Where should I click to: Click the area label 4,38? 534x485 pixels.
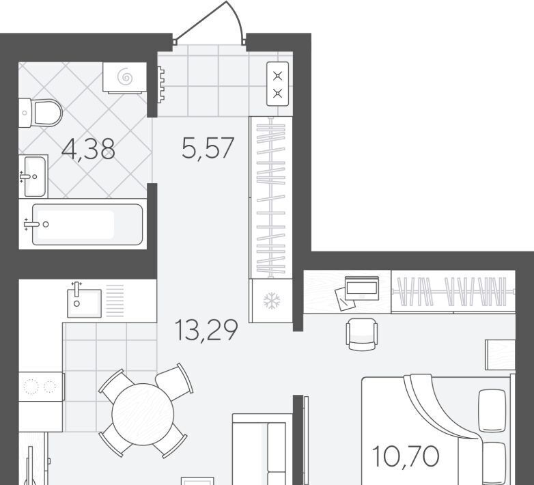coord(88,149)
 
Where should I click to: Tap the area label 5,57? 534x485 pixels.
coord(208,148)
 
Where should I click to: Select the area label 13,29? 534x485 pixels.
coord(206,330)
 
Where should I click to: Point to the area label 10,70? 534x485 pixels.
coord(406,456)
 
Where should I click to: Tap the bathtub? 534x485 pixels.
coord(87,225)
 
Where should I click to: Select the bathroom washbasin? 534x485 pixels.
coord(33,176)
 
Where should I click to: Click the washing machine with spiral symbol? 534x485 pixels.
coord(125,77)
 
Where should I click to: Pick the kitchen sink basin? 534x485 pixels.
coord(84,303)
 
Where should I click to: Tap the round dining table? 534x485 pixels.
coord(143,414)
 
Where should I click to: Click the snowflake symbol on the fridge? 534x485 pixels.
coord(271,301)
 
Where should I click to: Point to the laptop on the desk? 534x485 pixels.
coord(362,288)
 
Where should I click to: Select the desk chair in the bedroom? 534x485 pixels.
coord(362,335)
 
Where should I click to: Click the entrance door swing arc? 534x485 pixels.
coord(238,17)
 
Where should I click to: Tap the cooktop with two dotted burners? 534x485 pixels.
coord(41,387)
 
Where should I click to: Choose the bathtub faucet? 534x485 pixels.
coord(31,224)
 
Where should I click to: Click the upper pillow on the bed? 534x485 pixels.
coord(492,411)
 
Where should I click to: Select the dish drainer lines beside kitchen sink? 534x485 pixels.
coord(115,301)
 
